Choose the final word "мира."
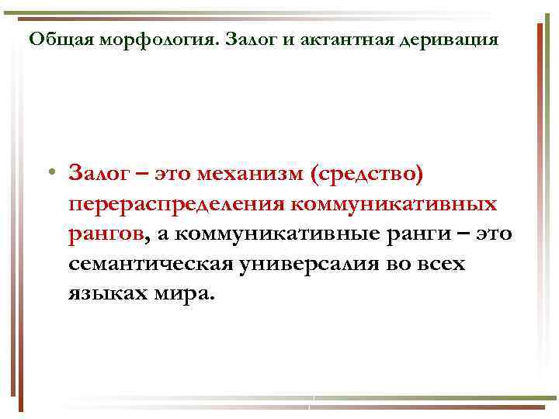coord(183,295)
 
